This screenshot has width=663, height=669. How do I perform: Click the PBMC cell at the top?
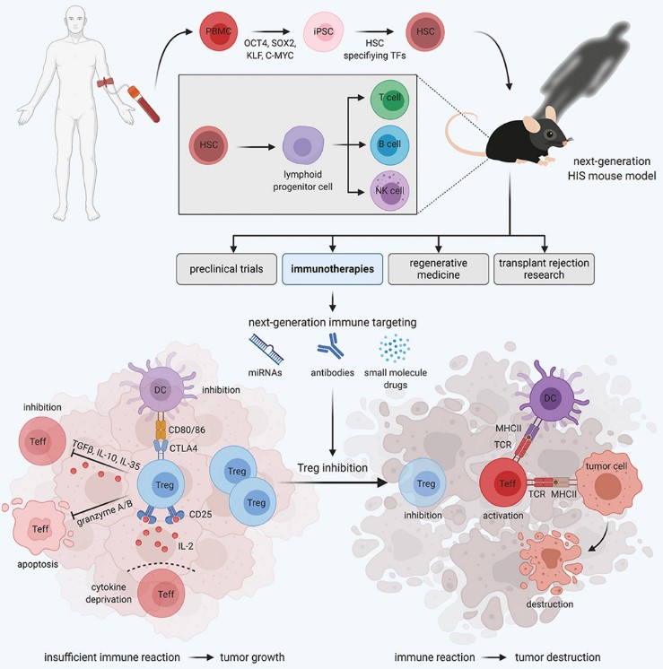pyautogui.click(x=220, y=32)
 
